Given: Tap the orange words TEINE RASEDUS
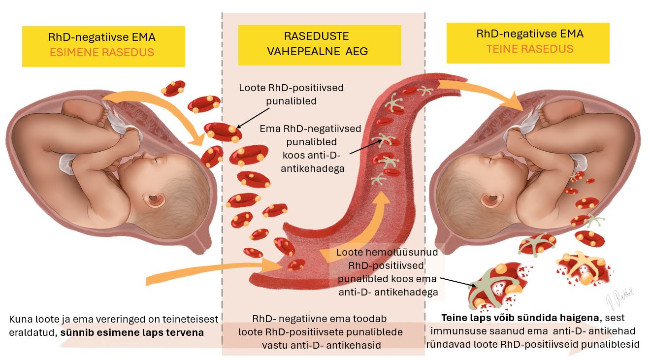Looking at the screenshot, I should pyautogui.click(x=530, y=49).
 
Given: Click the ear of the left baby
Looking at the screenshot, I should pyautogui.click(x=156, y=199).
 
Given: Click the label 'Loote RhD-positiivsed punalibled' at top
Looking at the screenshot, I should pyautogui.click(x=291, y=94).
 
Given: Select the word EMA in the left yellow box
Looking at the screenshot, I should pyautogui.click(x=145, y=37).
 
